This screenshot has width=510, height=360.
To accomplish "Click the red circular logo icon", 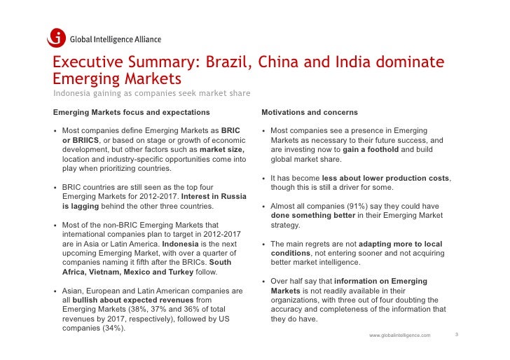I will [x=57, y=38].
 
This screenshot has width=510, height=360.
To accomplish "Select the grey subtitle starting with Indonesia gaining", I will [x=152, y=94].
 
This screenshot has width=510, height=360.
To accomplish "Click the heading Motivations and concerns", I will [x=309, y=112].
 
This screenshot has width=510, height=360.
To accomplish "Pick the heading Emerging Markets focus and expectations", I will [x=131, y=112].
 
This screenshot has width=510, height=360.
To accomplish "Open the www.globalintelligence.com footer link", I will [x=399, y=335].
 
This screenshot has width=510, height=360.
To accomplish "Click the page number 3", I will [x=456, y=335].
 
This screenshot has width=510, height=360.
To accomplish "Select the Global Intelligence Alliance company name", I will [x=115, y=39].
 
